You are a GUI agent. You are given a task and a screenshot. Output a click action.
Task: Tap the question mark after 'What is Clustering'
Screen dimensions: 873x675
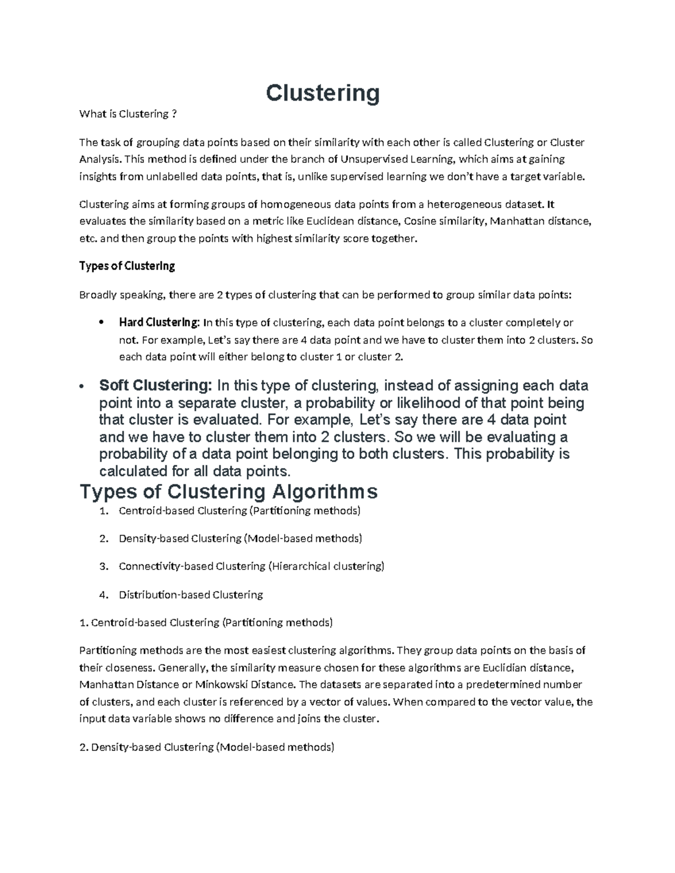(174, 114)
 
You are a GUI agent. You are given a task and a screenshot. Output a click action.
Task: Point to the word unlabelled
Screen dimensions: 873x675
(172, 177)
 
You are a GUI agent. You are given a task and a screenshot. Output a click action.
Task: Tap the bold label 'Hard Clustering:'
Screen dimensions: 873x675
(159, 323)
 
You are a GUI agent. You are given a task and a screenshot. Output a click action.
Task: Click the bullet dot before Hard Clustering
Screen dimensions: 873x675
(101, 323)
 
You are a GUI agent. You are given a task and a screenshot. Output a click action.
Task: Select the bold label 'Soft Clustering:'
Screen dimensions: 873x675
(156, 386)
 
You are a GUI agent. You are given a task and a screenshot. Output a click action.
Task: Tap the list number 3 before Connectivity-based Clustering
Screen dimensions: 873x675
(103, 567)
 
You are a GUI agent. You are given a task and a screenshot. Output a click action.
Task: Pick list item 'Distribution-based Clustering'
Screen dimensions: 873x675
(191, 595)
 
